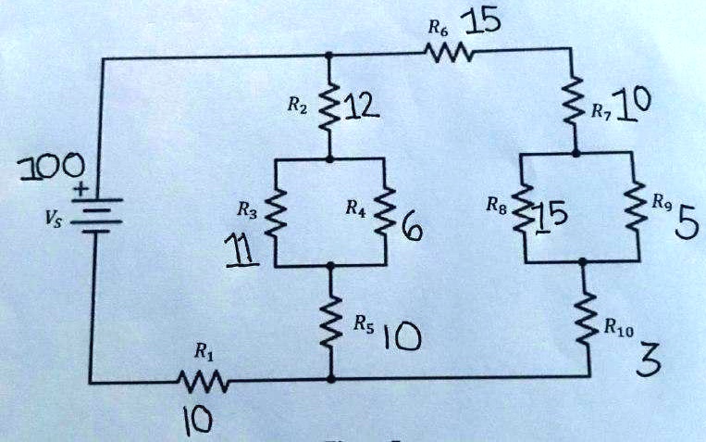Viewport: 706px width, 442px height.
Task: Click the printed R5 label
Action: [x=364, y=325]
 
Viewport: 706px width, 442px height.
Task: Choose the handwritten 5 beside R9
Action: [x=683, y=226]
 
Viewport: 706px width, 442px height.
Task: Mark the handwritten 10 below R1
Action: [x=198, y=420]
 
